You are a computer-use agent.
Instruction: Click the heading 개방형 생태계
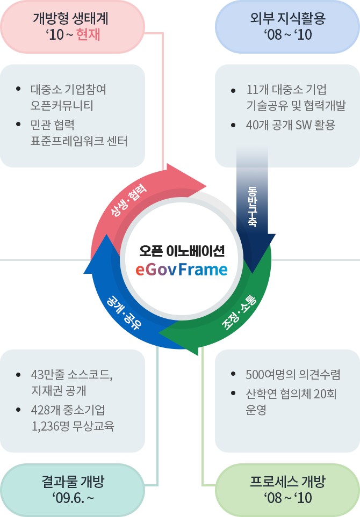click(x=71, y=19)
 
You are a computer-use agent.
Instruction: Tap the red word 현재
click(x=89, y=35)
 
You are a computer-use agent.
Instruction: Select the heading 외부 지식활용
click(x=287, y=19)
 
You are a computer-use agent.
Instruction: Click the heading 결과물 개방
click(x=73, y=482)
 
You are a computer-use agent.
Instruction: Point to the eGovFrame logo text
click(x=181, y=269)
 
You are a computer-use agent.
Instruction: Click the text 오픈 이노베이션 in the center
click(x=181, y=250)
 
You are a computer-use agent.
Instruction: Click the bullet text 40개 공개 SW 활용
click(x=290, y=125)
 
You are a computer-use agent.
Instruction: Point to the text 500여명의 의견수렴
click(x=292, y=375)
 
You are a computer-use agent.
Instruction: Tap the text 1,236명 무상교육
click(x=73, y=426)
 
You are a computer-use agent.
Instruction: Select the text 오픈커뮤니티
click(x=62, y=105)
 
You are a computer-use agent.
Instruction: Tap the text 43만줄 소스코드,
click(x=72, y=375)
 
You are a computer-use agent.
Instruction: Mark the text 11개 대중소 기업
click(x=286, y=90)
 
